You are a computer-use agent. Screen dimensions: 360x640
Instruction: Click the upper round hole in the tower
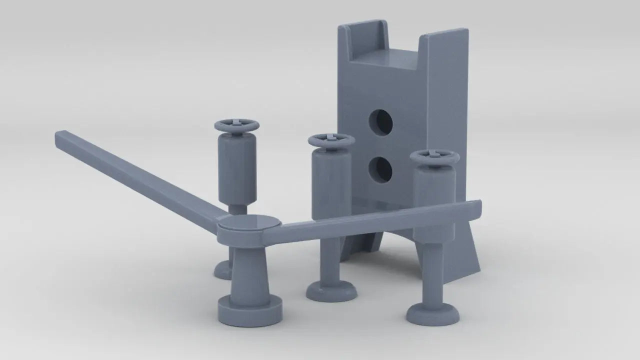click(381, 122)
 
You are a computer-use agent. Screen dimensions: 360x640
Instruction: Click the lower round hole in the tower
click(380, 169)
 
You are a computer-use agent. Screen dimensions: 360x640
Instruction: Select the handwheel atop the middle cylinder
click(331, 140)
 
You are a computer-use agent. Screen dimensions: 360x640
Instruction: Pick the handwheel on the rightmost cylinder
click(434, 156)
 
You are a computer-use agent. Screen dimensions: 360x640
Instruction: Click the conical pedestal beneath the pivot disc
click(249, 272)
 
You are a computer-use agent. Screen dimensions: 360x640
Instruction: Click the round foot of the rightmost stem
click(433, 314)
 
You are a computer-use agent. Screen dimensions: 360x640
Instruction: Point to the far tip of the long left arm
click(62, 136)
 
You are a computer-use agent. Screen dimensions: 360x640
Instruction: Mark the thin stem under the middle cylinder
click(331, 260)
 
